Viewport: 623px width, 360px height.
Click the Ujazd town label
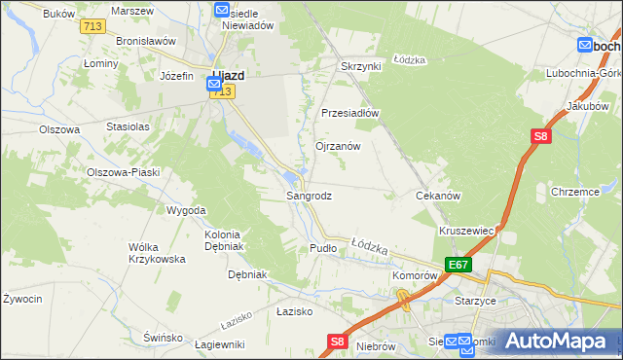[228, 74]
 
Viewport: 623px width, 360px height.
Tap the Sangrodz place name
[309, 196]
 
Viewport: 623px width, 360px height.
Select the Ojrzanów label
[338, 146]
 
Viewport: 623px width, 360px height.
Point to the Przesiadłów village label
[349, 112]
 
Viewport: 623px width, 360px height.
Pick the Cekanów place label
[437, 196]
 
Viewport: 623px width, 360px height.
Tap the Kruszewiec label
[468, 231]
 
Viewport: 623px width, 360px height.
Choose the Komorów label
[415, 275]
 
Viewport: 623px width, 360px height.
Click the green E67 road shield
[458, 265]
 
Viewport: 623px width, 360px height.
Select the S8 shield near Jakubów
[540, 138]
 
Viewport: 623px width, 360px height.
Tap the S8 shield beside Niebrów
[338, 341]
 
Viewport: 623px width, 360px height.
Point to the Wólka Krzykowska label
[157, 253]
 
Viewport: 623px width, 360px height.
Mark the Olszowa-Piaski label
[123, 171]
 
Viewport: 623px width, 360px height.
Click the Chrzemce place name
[573, 192]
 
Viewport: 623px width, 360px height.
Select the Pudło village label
[322, 248]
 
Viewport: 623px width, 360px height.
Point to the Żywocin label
[22, 298]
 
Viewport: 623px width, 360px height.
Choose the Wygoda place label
[186, 210]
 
